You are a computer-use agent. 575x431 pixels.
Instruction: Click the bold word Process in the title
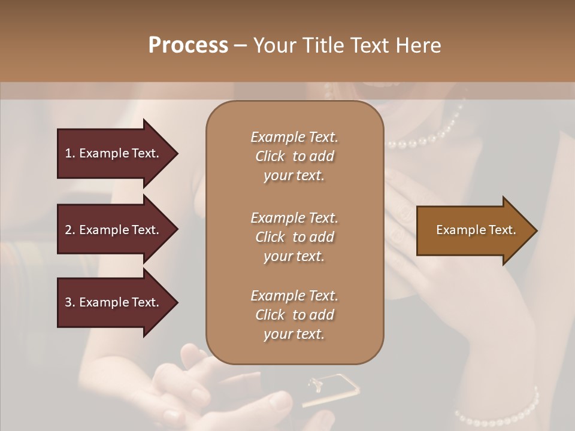tap(188, 45)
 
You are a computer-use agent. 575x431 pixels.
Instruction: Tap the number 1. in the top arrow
tap(70, 153)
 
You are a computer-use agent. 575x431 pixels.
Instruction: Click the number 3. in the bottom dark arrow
tap(70, 302)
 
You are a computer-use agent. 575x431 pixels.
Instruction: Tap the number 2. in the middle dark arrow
tap(70, 230)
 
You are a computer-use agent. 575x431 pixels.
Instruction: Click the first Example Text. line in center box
tap(294, 137)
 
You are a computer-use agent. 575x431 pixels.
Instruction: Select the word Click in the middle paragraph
tap(270, 237)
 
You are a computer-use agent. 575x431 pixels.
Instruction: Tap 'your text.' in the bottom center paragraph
tap(294, 334)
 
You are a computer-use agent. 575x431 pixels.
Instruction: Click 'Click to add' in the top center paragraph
tap(294, 156)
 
